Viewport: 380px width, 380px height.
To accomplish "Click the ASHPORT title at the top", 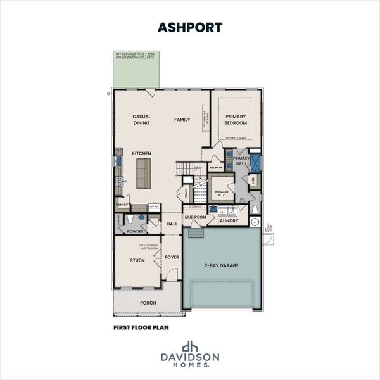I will (x=189, y=27).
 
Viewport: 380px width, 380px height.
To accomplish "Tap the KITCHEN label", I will (x=141, y=153).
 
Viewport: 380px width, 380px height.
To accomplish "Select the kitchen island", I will (x=143, y=173).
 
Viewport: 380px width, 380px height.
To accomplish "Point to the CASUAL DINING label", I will (x=141, y=120).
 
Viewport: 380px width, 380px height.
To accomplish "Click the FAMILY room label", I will (x=182, y=119).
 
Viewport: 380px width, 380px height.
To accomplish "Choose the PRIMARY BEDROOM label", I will (x=235, y=120).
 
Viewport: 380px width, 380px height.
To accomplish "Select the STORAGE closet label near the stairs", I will (x=216, y=168).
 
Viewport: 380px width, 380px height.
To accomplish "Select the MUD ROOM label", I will (x=196, y=217).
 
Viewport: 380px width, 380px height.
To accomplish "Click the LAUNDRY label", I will (x=227, y=220).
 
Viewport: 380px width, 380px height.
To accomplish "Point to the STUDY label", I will (x=138, y=260).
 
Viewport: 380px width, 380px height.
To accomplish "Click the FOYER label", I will (x=172, y=258).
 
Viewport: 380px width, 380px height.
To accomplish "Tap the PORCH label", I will (x=148, y=303).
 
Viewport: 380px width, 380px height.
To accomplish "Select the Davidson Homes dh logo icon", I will (x=189, y=346).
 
